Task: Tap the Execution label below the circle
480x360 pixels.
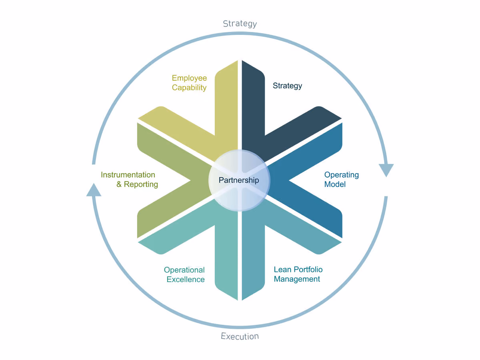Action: [x=240, y=336]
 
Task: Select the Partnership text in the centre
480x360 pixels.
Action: [x=239, y=180]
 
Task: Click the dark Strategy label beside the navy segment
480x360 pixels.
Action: [x=287, y=86]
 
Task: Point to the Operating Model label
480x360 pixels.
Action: [x=341, y=180]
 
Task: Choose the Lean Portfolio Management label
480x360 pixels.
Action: [x=298, y=274]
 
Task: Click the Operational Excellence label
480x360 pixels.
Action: [x=184, y=274]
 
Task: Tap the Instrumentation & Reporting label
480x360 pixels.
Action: [x=130, y=180]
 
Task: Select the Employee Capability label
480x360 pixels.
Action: [x=189, y=83]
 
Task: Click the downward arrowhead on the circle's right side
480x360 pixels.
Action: [x=386, y=170]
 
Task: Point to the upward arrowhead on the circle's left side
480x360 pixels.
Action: [x=94, y=190]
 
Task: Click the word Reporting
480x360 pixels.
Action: [x=141, y=184]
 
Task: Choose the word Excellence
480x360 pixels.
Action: [x=186, y=279]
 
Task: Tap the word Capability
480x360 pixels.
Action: [x=189, y=88]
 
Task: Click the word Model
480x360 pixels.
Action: [x=335, y=184]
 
